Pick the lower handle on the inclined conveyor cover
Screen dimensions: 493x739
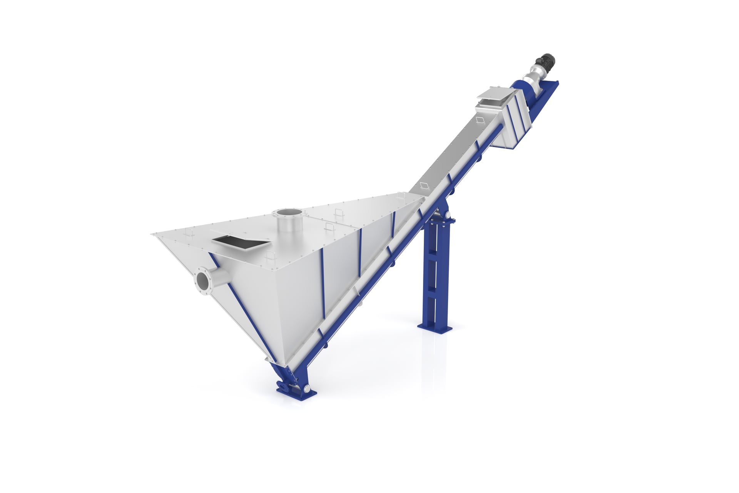click(424, 185)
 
